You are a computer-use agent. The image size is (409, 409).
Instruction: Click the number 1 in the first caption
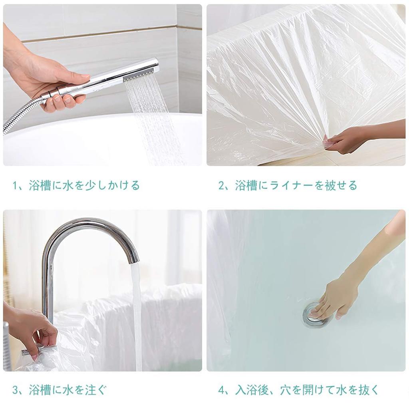coord(15,186)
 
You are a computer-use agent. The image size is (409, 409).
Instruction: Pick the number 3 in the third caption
coord(15,390)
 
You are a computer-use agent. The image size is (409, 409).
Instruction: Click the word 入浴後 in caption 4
coord(251,390)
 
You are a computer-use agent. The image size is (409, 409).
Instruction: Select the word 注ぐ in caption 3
coord(96,390)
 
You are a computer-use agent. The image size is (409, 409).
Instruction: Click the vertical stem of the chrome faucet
coord(48,288)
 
